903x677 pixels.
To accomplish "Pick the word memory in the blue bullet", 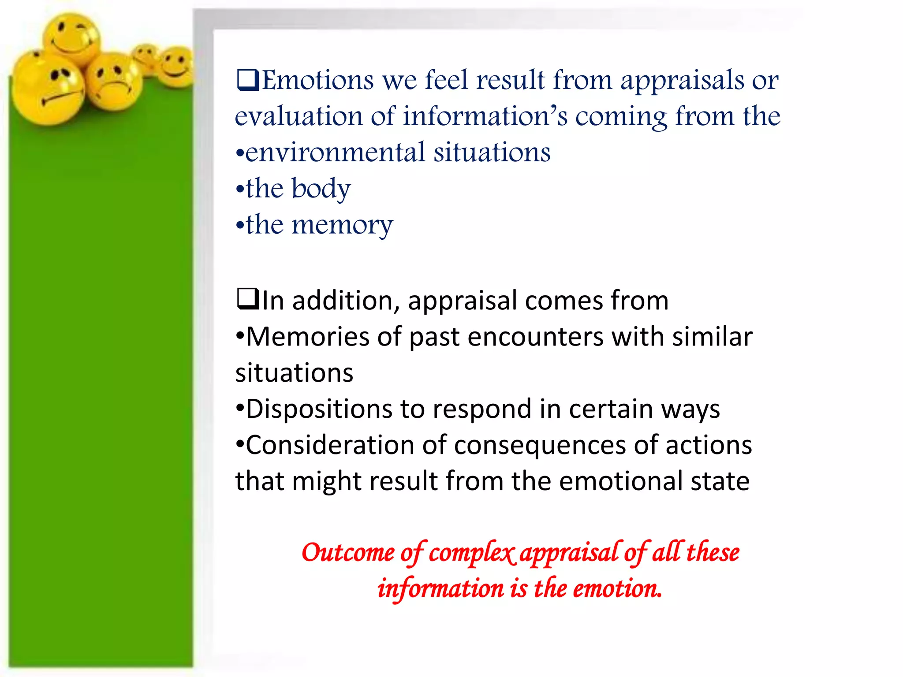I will click(342, 225).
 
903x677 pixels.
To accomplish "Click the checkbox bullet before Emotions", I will click(248, 80).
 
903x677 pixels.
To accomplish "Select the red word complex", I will click(471, 553).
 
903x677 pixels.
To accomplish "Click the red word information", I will click(440, 589).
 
